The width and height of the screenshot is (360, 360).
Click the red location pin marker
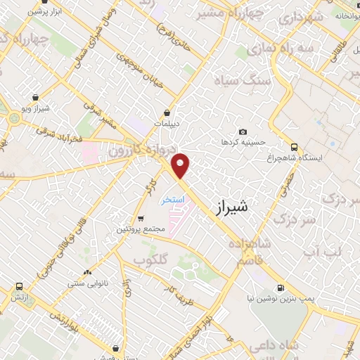click(181, 165)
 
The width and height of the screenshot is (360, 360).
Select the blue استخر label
click(172, 200)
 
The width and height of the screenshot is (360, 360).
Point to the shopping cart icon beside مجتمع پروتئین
click(141, 219)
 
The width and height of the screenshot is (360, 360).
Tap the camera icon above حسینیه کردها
click(243, 132)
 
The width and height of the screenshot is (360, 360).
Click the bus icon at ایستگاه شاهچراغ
click(294, 148)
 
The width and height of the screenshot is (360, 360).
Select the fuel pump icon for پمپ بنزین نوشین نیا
click(281, 288)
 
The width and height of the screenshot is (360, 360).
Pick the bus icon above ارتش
click(18, 287)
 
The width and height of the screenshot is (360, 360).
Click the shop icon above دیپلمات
click(167, 112)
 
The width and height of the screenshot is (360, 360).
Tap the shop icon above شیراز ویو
click(36, 98)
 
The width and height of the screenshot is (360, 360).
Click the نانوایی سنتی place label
click(87, 283)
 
